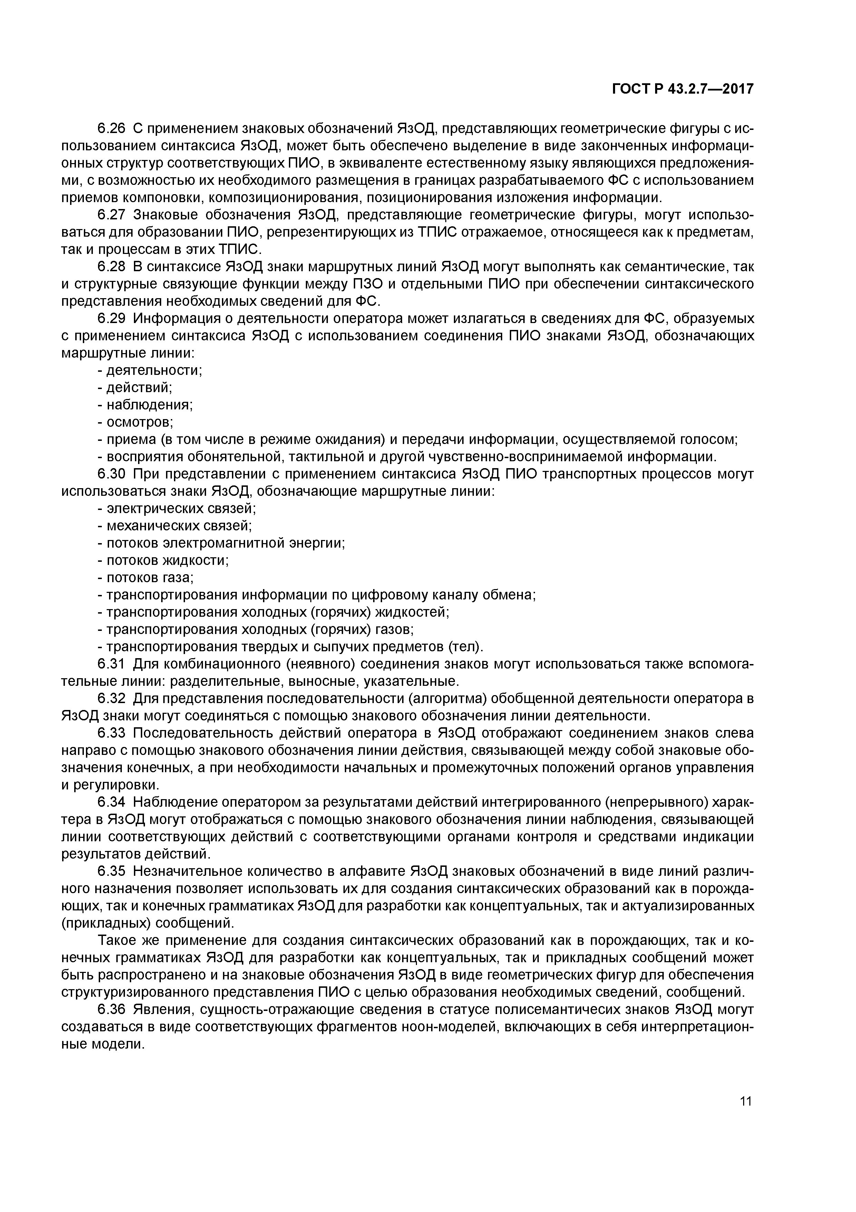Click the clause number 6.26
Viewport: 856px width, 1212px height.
coord(111,128)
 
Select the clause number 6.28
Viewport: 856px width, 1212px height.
coord(111,267)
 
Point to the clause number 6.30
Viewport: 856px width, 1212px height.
coord(111,475)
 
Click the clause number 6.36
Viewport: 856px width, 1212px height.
coord(111,1010)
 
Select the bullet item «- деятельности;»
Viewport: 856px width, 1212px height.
coord(150,371)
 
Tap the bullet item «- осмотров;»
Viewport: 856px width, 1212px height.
coord(136,422)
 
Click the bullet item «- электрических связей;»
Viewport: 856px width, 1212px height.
coord(177,509)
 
